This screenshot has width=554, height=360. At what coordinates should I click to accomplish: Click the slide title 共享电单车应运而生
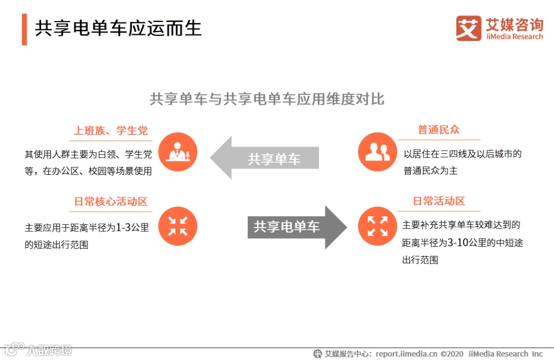coord(118,28)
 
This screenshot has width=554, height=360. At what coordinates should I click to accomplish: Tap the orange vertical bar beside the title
coord(24,30)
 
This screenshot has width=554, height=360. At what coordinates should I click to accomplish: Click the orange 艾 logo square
coord(468,28)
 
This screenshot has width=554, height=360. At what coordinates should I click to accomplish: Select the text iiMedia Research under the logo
coord(514,37)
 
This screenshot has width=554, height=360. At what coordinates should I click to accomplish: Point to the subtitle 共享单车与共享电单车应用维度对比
coord(267,99)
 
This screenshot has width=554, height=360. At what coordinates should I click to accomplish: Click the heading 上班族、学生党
coord(111,131)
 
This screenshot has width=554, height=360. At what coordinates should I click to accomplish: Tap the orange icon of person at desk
coord(177,152)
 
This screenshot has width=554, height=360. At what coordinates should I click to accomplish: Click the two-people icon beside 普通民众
coord(378,152)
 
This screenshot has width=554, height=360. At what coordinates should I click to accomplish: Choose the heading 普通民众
coord(439,130)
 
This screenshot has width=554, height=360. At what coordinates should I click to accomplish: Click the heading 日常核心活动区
coord(111,202)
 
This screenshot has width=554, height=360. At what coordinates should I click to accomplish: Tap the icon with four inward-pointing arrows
coord(177,226)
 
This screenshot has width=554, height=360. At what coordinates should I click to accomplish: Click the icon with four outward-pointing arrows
coord(378,226)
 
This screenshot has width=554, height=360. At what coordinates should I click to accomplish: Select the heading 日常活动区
coord(439,201)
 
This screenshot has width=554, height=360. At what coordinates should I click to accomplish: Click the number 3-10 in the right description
coord(458,243)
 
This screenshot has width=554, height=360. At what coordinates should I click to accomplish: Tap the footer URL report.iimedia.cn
coord(406,354)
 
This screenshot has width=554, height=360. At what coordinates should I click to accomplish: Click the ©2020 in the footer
coord(452,354)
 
